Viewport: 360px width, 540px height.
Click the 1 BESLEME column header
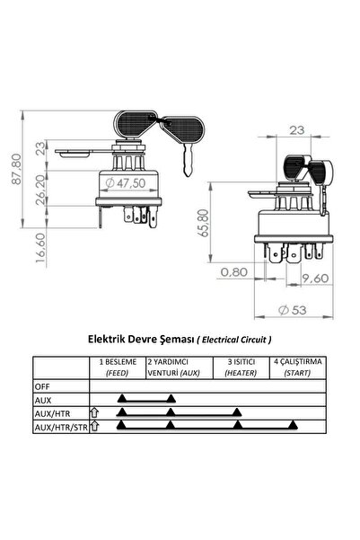click(118, 366)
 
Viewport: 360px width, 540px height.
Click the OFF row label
click(43, 385)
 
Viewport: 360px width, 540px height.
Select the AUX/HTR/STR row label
click(60, 427)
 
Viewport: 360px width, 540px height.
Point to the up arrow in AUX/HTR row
click(94, 412)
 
